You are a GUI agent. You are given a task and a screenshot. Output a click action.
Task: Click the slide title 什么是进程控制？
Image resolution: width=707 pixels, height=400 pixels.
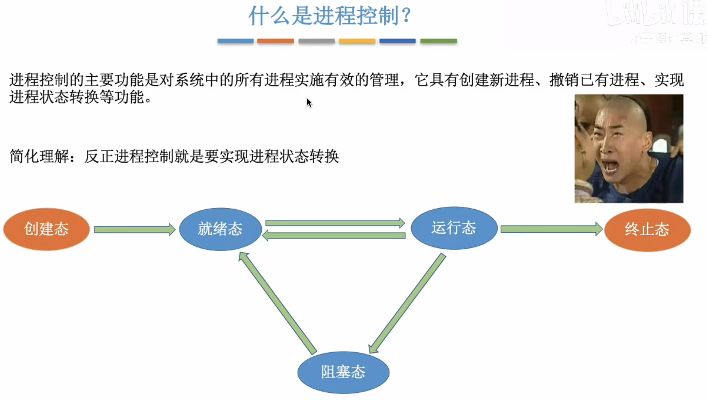click(330, 16)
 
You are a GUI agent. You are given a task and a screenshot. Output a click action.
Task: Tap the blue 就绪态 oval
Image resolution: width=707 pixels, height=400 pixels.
click(220, 229)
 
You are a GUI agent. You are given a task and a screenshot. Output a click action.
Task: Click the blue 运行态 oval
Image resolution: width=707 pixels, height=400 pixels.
click(454, 228)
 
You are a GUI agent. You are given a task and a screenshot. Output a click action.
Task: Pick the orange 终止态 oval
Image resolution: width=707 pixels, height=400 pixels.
click(647, 230)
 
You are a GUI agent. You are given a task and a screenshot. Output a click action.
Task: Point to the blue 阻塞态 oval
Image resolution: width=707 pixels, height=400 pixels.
click(343, 372)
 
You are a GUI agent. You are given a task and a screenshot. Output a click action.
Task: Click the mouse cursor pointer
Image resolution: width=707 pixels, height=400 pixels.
click(309, 103)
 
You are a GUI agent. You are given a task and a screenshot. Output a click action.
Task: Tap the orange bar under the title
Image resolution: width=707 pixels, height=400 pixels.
click(275, 41)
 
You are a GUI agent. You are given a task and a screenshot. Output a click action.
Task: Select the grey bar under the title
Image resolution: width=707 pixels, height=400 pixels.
click(317, 41)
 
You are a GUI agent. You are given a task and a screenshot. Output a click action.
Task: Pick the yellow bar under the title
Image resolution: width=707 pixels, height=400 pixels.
click(357, 41)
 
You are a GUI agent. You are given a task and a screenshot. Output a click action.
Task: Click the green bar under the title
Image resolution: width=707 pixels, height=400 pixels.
click(438, 41)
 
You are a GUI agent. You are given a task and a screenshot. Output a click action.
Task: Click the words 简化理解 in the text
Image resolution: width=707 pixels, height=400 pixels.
click(39, 157)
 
